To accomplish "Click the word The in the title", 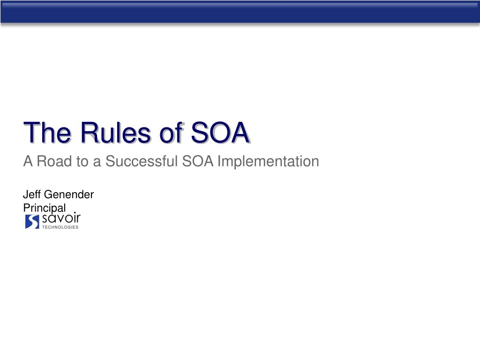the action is click(x=47, y=133).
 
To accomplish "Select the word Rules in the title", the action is click(x=116, y=133).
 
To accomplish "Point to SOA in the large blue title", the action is click(x=220, y=133).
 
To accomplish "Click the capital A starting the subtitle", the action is click(x=28, y=161).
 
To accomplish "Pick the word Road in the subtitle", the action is click(x=54, y=161).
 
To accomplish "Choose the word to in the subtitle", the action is click(x=82, y=162).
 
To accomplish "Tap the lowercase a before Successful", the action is click(x=97, y=163).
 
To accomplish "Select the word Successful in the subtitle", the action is click(x=142, y=161).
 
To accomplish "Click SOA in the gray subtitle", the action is click(x=198, y=161).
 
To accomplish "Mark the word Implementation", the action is click(x=268, y=162).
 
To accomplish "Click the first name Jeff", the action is click(x=32, y=195).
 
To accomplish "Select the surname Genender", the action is click(x=69, y=195).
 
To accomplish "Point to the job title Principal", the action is click(x=45, y=208).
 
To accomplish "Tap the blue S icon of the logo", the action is click(x=32, y=222).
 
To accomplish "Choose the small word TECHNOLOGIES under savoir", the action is click(x=60, y=227).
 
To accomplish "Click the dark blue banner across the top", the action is click(x=240, y=12).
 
